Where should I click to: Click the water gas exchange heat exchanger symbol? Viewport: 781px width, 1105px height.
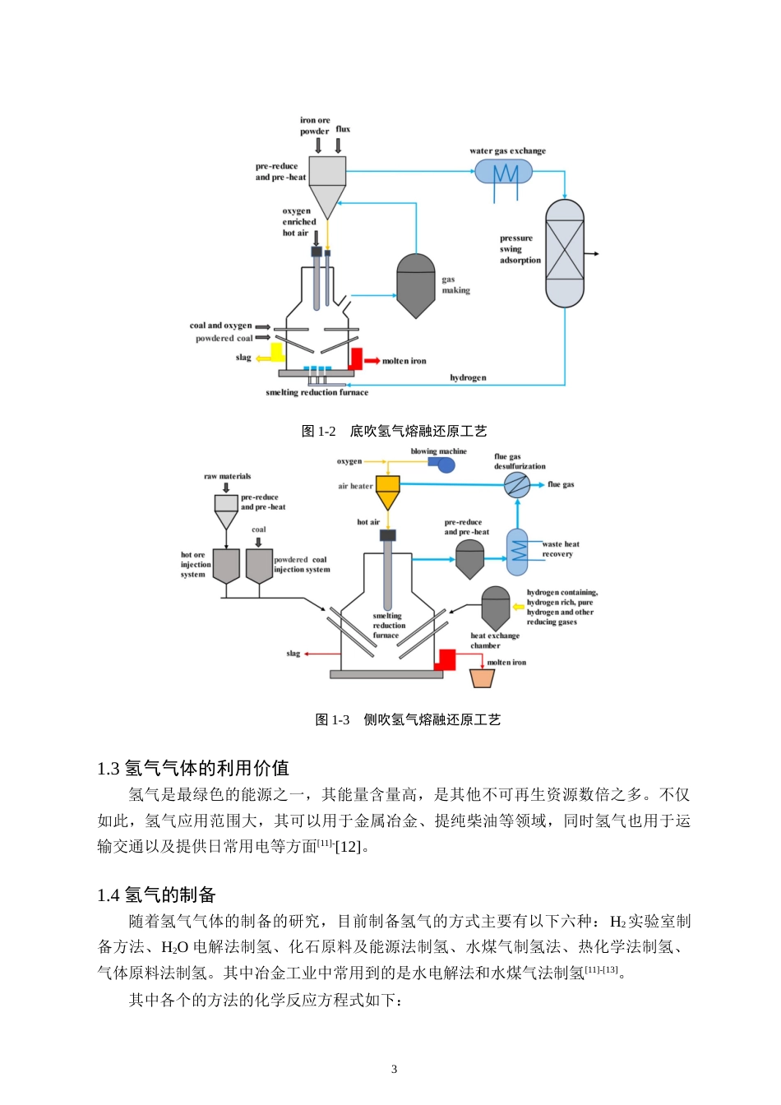coord(504,173)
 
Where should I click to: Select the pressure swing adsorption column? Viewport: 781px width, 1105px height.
coord(565,253)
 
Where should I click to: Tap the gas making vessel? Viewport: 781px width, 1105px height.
coord(416,285)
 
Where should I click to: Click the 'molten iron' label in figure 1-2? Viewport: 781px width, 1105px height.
coord(404,361)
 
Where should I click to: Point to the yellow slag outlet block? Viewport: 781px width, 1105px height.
coord(276,353)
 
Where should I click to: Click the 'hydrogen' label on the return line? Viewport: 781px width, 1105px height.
coord(468,378)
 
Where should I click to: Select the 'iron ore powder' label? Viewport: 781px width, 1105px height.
coord(315,126)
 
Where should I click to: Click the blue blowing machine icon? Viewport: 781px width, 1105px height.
coord(444,465)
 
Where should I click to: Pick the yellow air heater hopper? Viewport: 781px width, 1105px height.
coord(387,492)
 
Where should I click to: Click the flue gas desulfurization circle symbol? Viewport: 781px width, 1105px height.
coord(517,485)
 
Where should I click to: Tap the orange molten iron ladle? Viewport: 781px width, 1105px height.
coord(482,678)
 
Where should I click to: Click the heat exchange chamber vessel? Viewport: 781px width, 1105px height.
coord(496,608)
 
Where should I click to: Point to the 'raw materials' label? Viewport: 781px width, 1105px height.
coord(228,476)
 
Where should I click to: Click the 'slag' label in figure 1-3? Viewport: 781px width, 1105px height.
coord(293,654)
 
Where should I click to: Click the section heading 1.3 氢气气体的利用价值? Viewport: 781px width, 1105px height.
coord(193,768)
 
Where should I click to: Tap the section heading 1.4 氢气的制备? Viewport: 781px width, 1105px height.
coord(156,895)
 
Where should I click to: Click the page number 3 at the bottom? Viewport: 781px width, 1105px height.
coord(394,1069)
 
